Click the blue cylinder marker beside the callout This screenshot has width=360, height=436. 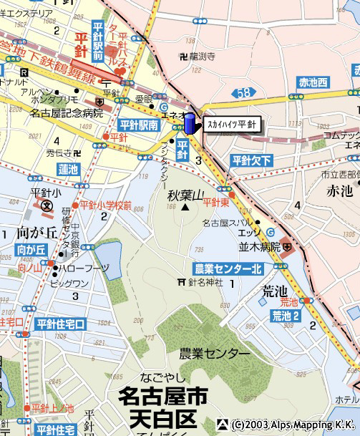(x=190, y=122)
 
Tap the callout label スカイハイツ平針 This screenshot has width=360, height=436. (x=230, y=124)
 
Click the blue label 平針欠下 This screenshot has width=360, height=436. (x=251, y=160)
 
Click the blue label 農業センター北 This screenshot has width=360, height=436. (x=228, y=268)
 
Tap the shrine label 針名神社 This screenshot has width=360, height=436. (x=205, y=282)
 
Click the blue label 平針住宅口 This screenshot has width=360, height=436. (x=61, y=324)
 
